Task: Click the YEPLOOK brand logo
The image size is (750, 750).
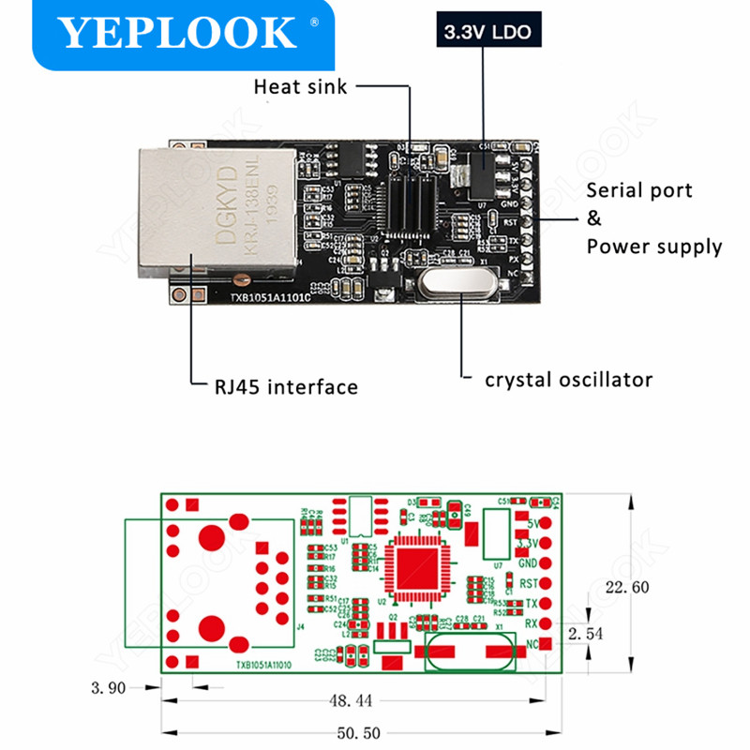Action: coord(178,33)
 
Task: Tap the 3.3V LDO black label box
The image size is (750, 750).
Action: coord(483,32)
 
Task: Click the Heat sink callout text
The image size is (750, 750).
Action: coord(300,87)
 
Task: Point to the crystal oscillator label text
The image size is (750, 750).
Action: coord(568,380)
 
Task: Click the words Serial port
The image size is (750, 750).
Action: coord(639,190)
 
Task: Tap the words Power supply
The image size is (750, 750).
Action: coord(654,247)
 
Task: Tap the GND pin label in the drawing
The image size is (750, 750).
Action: coord(527,562)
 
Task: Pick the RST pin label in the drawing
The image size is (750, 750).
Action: coord(527,583)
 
